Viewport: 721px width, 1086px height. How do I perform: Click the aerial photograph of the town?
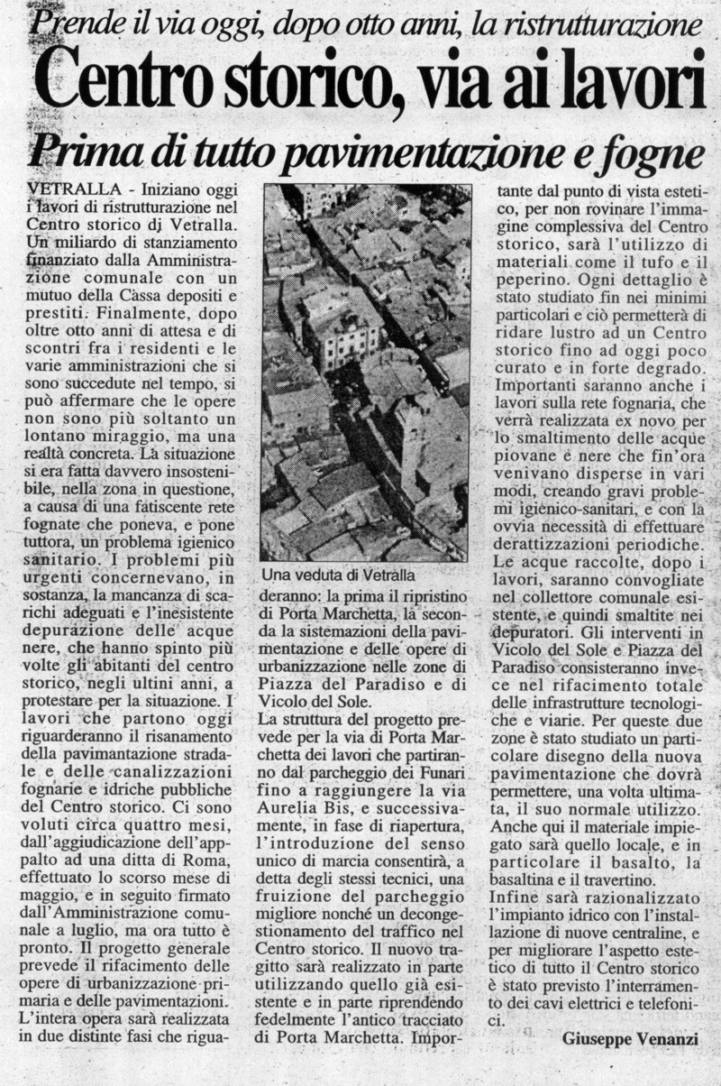click(x=366, y=372)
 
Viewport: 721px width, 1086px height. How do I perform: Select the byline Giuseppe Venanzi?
click(x=630, y=1038)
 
